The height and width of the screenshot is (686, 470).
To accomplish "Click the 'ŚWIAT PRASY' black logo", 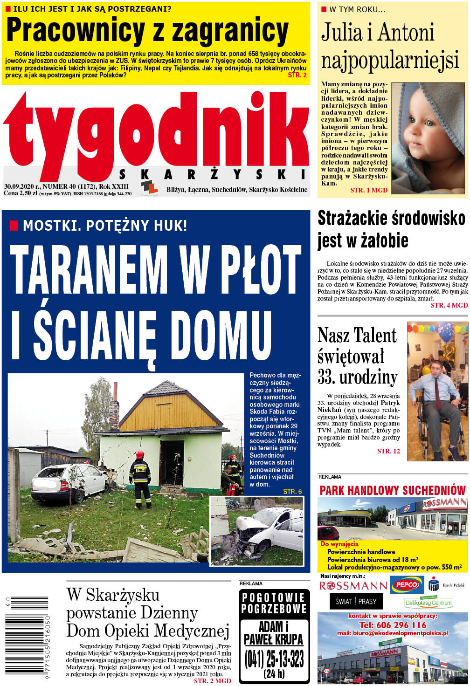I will tap(356, 601).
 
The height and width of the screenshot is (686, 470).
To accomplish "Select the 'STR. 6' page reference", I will tap(292, 492).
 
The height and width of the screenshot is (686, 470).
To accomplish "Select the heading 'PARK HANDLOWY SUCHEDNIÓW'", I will tap(393, 490).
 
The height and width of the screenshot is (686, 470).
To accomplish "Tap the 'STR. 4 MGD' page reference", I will tap(449, 305).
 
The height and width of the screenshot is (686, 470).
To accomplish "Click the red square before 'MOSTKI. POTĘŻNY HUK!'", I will tap(14, 226).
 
